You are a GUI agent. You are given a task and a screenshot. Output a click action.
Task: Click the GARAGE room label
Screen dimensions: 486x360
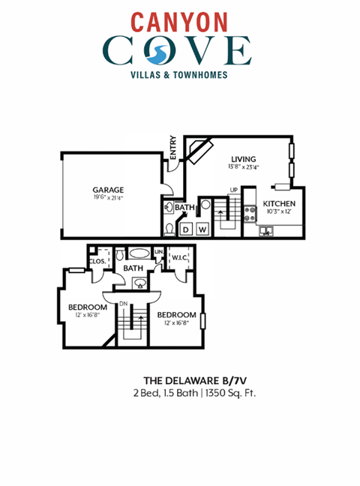point(108,190)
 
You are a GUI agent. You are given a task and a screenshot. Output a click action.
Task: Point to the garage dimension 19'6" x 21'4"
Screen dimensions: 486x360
point(108,198)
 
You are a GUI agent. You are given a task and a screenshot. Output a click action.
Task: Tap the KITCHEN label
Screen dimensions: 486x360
point(278,204)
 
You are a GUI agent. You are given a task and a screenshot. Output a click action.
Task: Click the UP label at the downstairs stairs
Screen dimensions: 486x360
point(233,190)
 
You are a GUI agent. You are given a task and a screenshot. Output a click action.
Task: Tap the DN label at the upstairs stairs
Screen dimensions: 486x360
point(123,304)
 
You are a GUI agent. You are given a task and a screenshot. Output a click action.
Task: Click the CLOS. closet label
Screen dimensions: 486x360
point(97,261)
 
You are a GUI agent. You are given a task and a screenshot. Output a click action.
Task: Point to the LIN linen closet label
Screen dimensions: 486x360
point(158,251)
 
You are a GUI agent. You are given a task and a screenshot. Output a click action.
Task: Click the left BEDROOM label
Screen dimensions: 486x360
point(85,307)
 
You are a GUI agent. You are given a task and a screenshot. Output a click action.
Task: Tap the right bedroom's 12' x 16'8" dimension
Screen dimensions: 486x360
point(177,322)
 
